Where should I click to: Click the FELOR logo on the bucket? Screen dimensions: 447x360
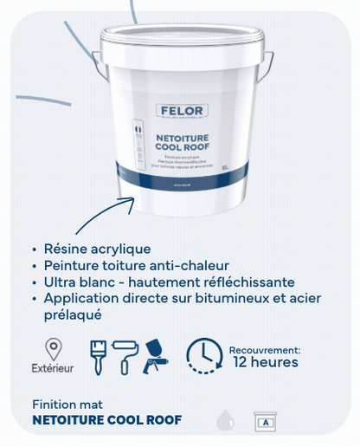coord(180,110)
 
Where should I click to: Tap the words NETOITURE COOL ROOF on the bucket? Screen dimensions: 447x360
coord(180,142)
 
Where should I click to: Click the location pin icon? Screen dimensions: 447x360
coord(54,349)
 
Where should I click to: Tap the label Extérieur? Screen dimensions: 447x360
coord(54,368)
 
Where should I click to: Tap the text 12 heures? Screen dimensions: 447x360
coord(266,362)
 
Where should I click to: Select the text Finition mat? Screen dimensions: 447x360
coord(67,405)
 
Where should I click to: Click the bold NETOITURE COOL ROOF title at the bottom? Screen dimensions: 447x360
coord(106,420)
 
